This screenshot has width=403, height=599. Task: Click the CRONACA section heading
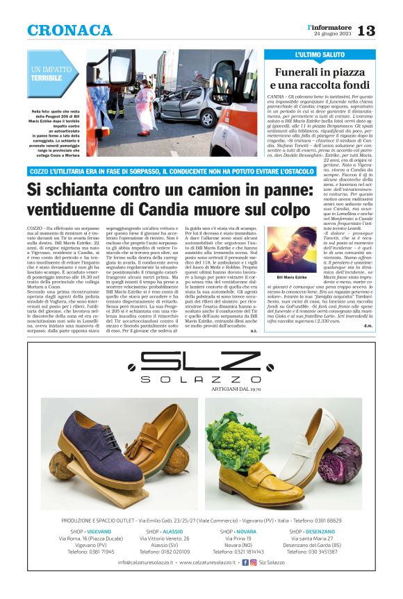69,30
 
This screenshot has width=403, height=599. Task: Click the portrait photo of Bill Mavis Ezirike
290,249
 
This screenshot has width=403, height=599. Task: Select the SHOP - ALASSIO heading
165,531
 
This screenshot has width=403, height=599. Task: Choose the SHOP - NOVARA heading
237,531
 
